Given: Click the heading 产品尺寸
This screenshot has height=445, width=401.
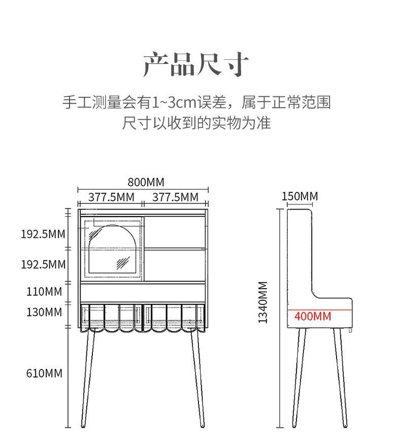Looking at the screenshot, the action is click(x=196, y=64).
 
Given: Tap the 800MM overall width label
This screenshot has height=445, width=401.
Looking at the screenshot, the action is click(x=146, y=182).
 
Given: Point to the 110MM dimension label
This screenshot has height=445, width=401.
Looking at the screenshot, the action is click(x=44, y=291).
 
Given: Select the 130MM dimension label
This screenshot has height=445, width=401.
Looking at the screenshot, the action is click(x=44, y=312).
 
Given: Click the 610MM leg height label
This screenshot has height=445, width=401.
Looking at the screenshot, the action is click(x=44, y=373).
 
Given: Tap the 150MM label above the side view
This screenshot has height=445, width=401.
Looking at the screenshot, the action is click(x=299, y=196).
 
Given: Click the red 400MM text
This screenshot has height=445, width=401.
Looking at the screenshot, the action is click(x=313, y=317).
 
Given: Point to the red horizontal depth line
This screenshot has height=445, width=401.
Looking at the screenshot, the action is click(x=320, y=309).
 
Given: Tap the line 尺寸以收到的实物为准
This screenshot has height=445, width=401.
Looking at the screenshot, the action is click(x=196, y=123).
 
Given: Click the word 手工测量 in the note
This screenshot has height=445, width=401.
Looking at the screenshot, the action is click(x=92, y=102).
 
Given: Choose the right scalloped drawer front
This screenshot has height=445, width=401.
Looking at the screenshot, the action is click(x=176, y=317).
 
